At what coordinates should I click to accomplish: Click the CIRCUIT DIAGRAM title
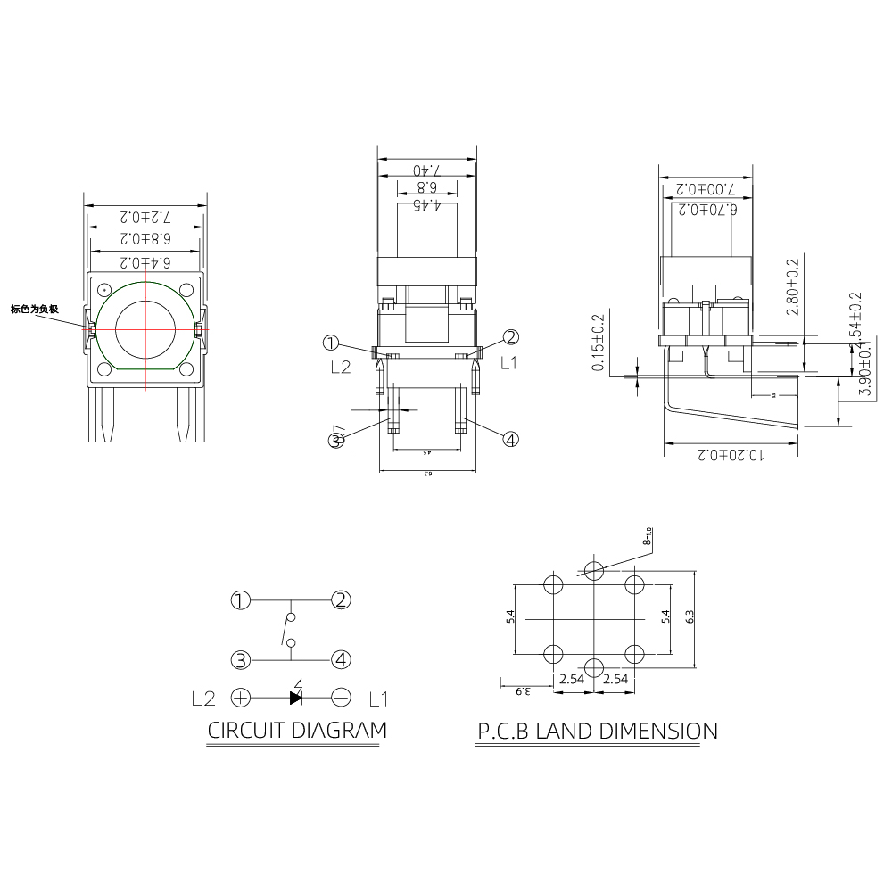coord(297,730)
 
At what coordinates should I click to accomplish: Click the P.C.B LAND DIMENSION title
coord(597,732)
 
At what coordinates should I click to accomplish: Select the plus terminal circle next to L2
coord(241,698)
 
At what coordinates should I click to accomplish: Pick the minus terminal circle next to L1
coord(341,698)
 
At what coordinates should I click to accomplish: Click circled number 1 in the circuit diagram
coord(240,599)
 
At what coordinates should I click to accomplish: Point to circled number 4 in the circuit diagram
coord(341,660)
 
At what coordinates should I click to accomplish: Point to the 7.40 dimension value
coord(427,170)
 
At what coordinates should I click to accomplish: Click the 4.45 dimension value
coord(427,204)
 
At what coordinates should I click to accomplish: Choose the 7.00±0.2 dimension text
coord(706,189)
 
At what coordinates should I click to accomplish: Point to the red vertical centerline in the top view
coord(146,357)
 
